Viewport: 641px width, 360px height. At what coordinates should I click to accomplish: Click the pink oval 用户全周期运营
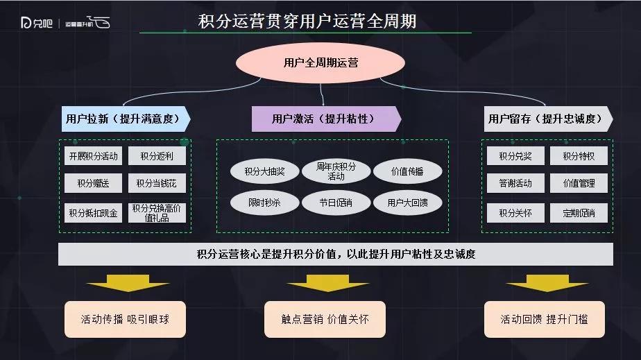pos(320,63)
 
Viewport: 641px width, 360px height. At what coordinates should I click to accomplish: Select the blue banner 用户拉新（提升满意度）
pos(126,119)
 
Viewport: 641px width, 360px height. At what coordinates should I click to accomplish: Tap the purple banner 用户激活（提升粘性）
pos(326,119)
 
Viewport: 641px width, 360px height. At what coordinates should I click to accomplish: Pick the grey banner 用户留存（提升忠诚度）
pos(548,119)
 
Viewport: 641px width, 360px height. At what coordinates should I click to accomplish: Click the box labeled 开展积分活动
pos(93,156)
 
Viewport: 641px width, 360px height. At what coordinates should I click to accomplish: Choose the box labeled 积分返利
pos(157,156)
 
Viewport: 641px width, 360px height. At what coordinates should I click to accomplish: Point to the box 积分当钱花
pos(157,183)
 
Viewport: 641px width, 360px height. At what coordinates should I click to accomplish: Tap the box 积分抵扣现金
pos(93,213)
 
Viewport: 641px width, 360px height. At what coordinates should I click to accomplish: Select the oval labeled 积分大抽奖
pos(264,171)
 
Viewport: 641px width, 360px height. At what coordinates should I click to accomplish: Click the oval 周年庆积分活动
pos(336,171)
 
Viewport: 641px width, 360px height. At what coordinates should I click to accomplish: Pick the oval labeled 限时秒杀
pos(264,203)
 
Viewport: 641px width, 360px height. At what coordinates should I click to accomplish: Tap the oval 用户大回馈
pos(408,203)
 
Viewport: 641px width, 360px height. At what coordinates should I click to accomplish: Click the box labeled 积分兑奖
pos(515,156)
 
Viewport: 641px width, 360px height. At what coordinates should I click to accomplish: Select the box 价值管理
pos(579,183)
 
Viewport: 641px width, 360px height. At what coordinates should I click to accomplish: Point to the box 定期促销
pos(579,213)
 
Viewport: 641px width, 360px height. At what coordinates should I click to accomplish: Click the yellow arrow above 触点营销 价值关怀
pos(328,283)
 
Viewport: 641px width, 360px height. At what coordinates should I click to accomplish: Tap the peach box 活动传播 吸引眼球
pos(125,319)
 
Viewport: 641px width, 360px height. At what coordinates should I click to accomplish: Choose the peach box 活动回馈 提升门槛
pos(545,319)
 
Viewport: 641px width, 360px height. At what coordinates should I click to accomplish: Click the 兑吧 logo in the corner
pos(36,23)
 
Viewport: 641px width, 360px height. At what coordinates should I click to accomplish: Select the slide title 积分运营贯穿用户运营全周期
pos(307,22)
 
